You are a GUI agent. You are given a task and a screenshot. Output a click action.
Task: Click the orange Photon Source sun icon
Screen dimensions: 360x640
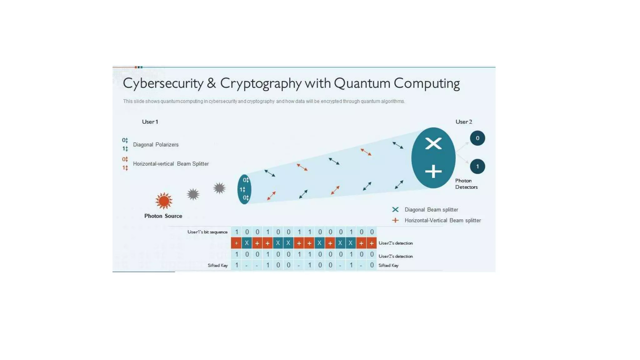click(x=164, y=201)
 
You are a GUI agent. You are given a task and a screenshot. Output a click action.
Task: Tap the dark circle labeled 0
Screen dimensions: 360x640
click(x=477, y=138)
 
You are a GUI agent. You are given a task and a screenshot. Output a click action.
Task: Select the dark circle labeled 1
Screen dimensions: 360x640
click(x=477, y=167)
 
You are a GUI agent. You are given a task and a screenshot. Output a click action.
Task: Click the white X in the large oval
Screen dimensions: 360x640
click(x=433, y=144)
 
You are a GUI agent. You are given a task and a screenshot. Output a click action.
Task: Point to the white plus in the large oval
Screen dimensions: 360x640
click(x=433, y=172)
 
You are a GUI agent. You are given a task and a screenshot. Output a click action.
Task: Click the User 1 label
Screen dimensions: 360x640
click(x=150, y=122)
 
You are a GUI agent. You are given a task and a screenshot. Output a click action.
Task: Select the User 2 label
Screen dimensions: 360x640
click(x=463, y=122)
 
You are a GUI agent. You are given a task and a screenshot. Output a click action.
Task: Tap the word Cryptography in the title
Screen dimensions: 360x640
click(x=261, y=83)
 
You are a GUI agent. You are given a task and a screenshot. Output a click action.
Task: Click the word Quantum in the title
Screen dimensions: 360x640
click(x=362, y=83)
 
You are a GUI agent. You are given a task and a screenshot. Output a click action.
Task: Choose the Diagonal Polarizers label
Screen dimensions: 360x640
click(x=156, y=145)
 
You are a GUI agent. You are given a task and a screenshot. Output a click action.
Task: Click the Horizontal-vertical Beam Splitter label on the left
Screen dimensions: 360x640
click(x=171, y=164)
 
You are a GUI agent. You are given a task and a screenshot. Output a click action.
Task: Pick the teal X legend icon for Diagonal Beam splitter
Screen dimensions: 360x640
click(x=395, y=210)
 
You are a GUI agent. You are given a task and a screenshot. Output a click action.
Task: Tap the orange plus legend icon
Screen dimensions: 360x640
click(x=395, y=220)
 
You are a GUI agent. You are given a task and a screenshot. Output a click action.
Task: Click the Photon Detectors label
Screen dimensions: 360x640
click(x=466, y=184)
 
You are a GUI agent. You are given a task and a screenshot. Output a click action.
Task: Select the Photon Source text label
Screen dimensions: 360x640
click(x=163, y=216)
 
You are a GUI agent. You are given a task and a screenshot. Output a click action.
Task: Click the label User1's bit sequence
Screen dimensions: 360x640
click(x=207, y=232)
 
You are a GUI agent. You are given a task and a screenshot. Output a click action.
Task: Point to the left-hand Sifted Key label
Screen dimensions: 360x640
click(x=217, y=265)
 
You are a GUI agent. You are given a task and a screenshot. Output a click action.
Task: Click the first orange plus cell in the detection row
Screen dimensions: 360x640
click(x=236, y=243)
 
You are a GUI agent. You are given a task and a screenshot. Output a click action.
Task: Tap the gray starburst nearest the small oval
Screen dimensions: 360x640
click(x=219, y=188)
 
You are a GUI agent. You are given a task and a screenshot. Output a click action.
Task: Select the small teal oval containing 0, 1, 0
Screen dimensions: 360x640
click(x=244, y=189)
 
